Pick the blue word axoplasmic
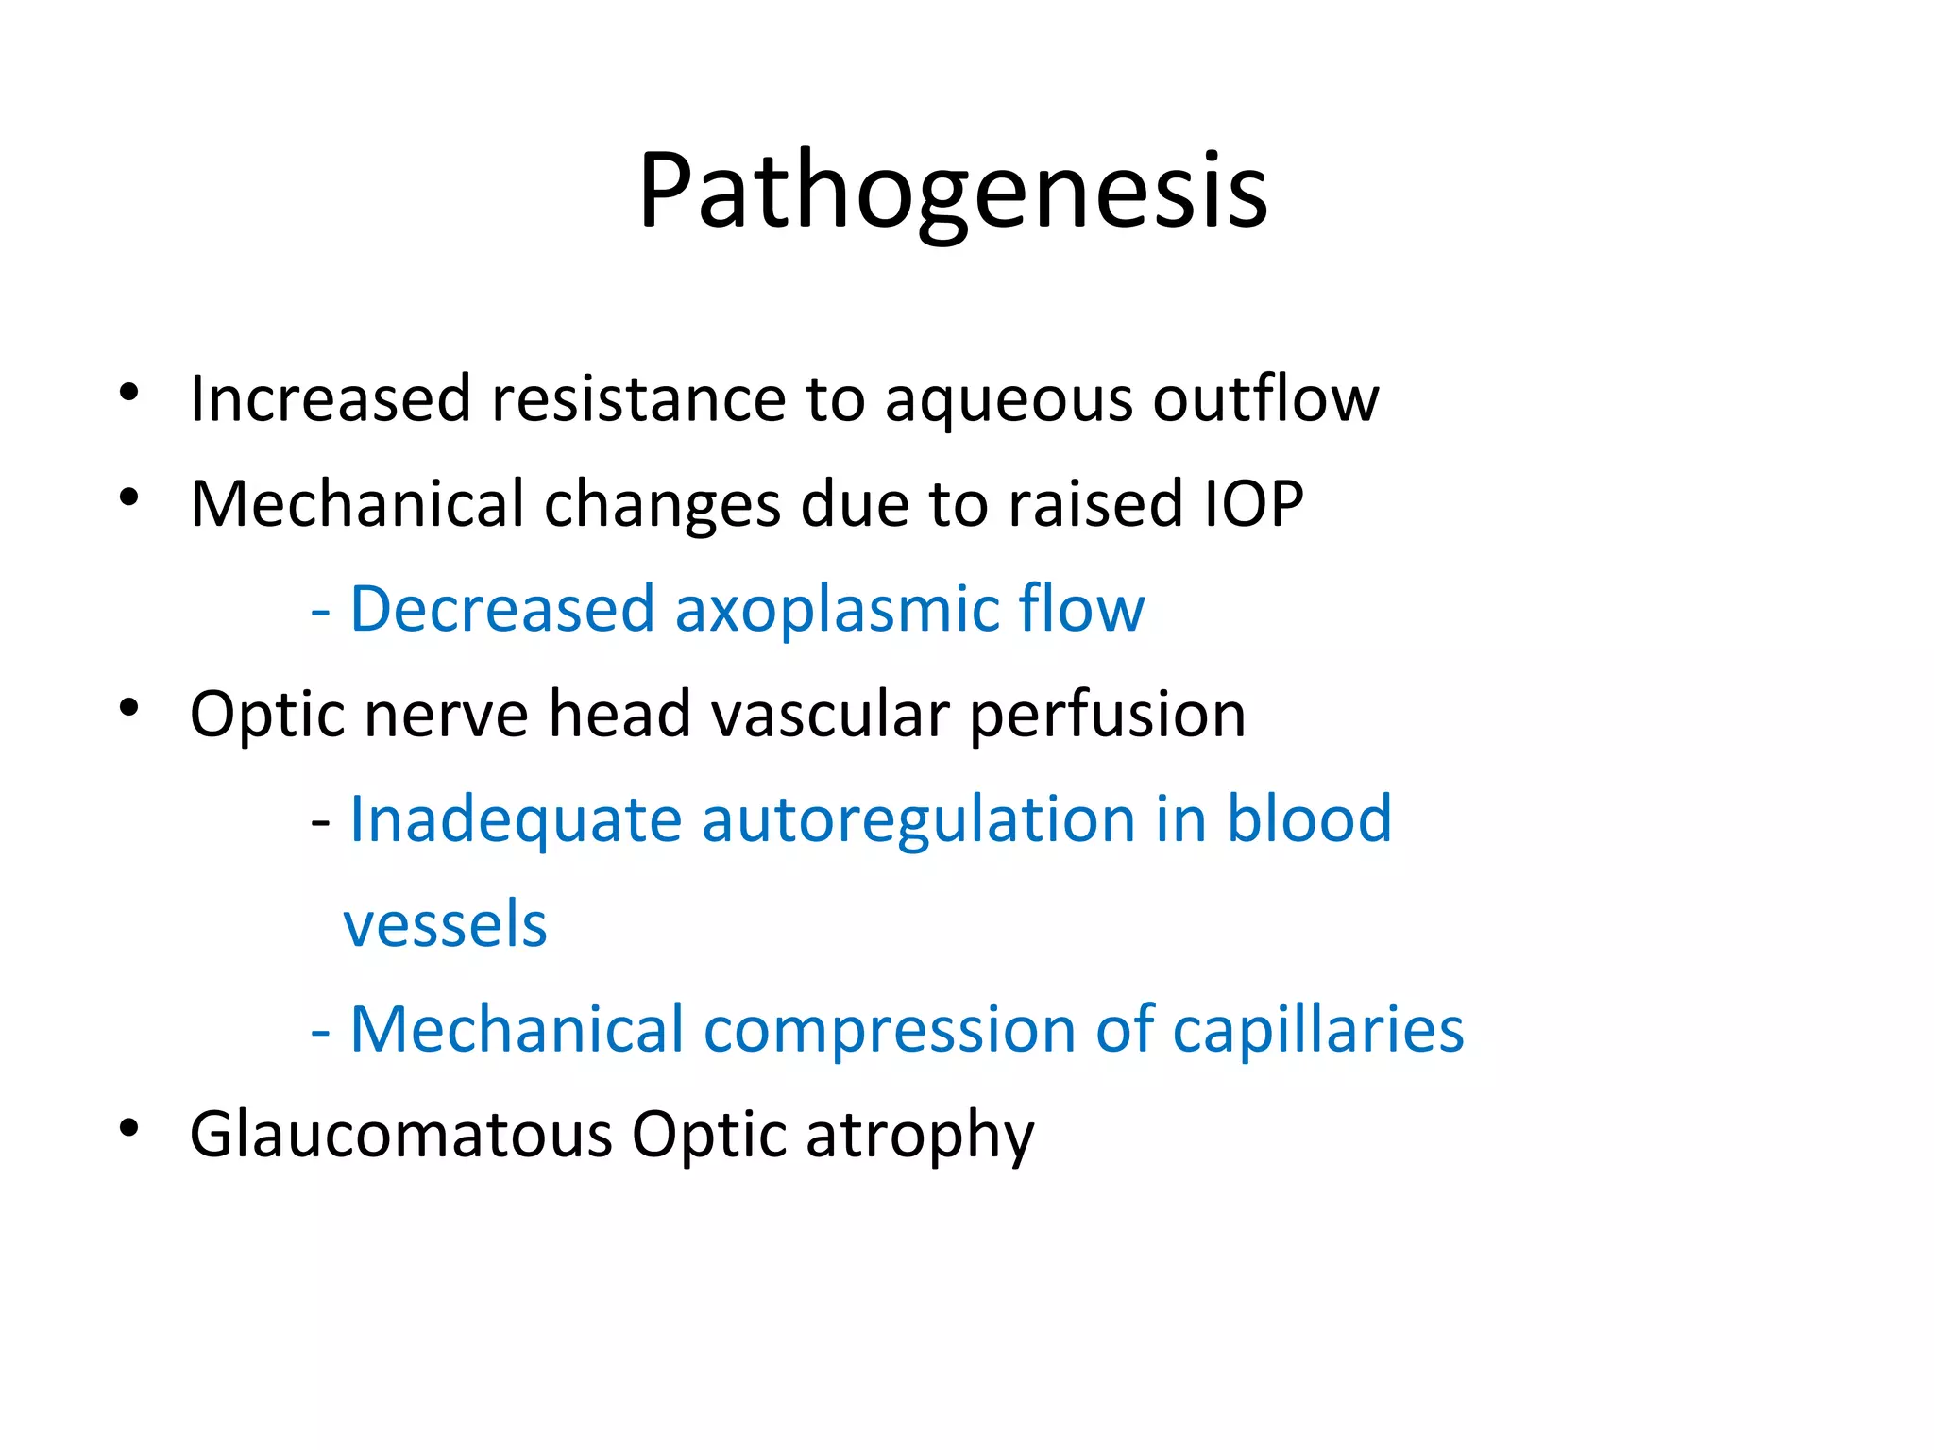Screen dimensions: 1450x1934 pyautogui.click(x=836, y=610)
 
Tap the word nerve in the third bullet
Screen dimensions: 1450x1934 pyautogui.click(x=446, y=715)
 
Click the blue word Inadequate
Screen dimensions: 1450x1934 pyautogui.click(x=515, y=819)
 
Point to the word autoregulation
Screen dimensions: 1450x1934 pyautogui.click(x=918, y=819)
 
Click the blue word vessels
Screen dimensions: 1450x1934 pyautogui.click(x=445, y=924)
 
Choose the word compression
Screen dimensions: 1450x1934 pyautogui.click(x=889, y=1030)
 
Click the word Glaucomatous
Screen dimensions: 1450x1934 pyautogui.click(x=400, y=1134)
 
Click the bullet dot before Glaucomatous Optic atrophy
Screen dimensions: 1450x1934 pyautogui.click(x=129, y=1127)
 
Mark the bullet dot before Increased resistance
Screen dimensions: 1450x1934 pyautogui.click(x=129, y=392)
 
